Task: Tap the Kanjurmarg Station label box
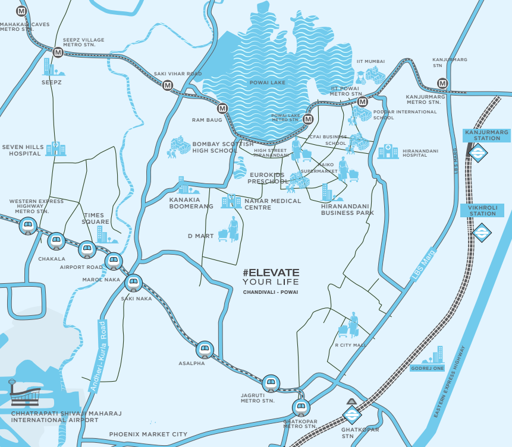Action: (x=482, y=135)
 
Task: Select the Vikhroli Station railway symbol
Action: (x=480, y=232)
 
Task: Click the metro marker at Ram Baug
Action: (x=222, y=109)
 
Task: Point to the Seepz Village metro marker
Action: (x=58, y=52)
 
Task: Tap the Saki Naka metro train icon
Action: (x=133, y=281)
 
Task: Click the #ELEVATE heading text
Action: (x=271, y=272)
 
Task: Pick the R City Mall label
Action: (x=351, y=344)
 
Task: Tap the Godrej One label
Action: (x=427, y=369)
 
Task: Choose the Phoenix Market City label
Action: (x=148, y=435)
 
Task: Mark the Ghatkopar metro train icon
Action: (x=301, y=407)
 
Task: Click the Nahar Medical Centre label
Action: (x=273, y=204)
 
